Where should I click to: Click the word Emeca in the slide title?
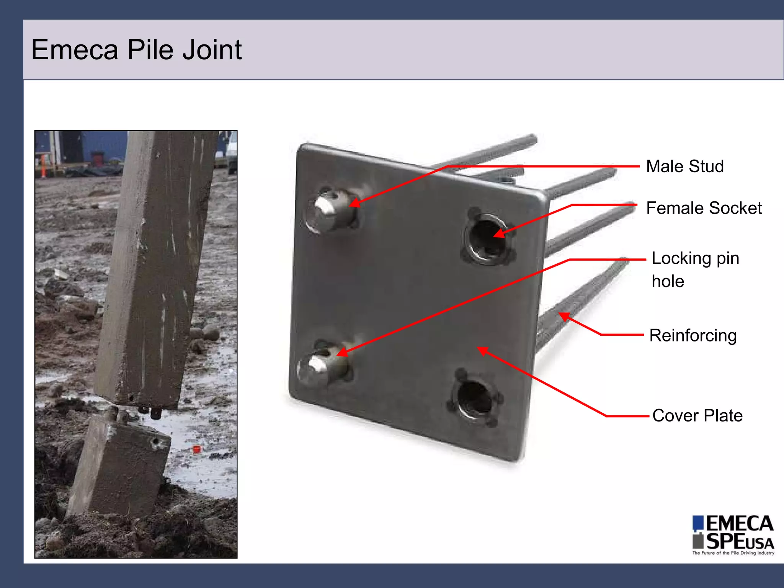[75, 50]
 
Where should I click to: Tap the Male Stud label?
[684, 167]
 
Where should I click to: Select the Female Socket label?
[704, 208]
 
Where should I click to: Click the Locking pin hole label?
[695, 269]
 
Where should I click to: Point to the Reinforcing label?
[693, 336]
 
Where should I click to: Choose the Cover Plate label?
[697, 416]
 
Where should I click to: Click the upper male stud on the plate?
[330, 211]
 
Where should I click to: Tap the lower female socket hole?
[474, 400]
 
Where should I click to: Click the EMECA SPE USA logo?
[733, 533]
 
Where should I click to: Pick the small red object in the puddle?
[196, 449]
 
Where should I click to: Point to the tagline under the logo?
[733, 553]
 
